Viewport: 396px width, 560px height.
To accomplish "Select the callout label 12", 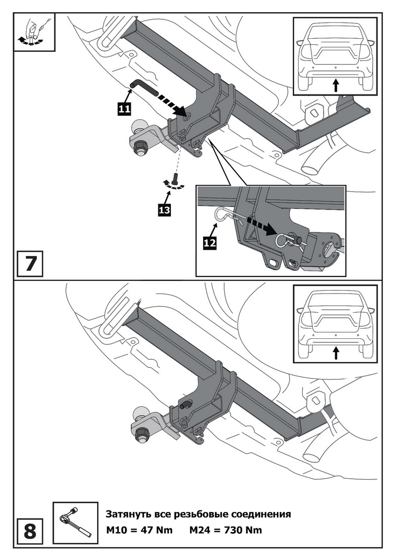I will [209, 243].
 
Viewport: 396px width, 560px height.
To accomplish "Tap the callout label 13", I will [164, 210].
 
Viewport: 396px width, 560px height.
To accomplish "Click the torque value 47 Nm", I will [157, 531].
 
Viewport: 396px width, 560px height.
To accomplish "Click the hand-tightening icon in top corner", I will [35, 32].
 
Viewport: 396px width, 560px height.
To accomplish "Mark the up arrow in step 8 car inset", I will [335, 353].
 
